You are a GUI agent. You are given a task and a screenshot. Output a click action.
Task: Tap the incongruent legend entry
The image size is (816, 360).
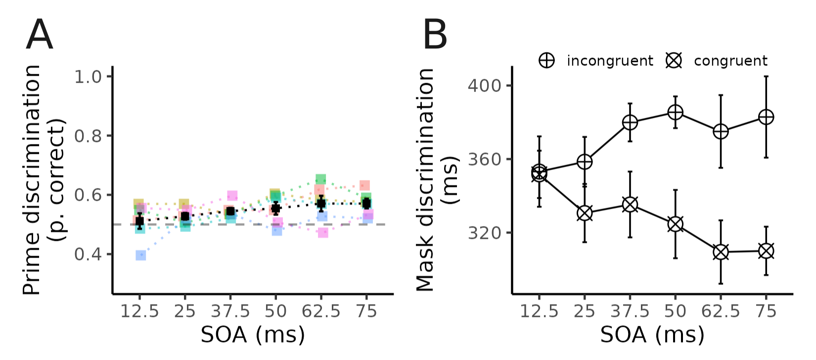596,61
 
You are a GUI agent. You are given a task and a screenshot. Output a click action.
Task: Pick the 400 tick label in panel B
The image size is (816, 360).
484,86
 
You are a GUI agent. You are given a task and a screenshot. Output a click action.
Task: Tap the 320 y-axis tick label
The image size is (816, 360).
484,232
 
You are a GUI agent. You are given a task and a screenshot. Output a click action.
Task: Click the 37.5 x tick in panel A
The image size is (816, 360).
230,311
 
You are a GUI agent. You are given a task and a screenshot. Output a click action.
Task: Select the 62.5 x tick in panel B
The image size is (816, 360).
721,311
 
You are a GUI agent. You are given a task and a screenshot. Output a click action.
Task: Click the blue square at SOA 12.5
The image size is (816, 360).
140,255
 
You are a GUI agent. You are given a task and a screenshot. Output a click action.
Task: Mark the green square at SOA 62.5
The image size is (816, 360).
320,179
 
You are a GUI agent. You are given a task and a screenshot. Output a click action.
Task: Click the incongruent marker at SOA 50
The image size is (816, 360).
675,113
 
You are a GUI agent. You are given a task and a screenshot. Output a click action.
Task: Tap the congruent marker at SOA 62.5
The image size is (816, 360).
721,252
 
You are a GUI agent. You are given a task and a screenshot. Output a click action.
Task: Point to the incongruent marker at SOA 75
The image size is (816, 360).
766,117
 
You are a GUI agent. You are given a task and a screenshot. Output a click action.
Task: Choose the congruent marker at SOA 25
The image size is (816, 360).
585,214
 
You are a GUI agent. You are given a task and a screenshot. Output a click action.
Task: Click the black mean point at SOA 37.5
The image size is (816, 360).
230,212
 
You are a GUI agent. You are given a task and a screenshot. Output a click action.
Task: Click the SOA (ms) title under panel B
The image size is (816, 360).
652,335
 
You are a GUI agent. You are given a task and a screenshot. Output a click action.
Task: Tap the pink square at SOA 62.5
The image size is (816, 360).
323,232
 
